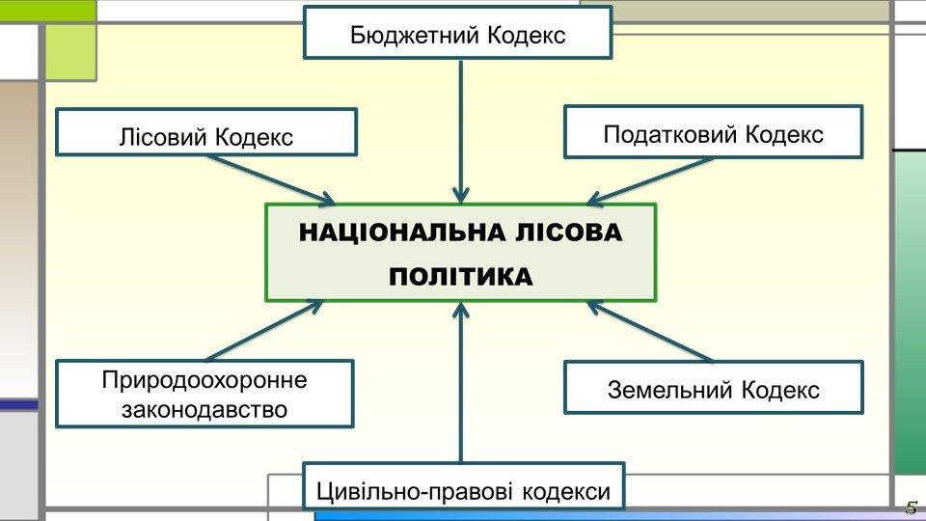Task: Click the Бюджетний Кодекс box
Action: (458, 33)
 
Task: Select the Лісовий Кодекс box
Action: (206, 132)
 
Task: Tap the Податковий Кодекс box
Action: (713, 132)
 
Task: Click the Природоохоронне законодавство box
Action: (204, 394)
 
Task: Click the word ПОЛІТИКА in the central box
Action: (460, 278)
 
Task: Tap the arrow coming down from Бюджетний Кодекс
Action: (462, 125)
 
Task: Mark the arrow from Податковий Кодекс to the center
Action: (651, 180)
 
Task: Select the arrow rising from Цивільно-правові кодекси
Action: (462, 386)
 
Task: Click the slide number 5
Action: (911, 508)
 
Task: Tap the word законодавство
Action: (204, 409)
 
